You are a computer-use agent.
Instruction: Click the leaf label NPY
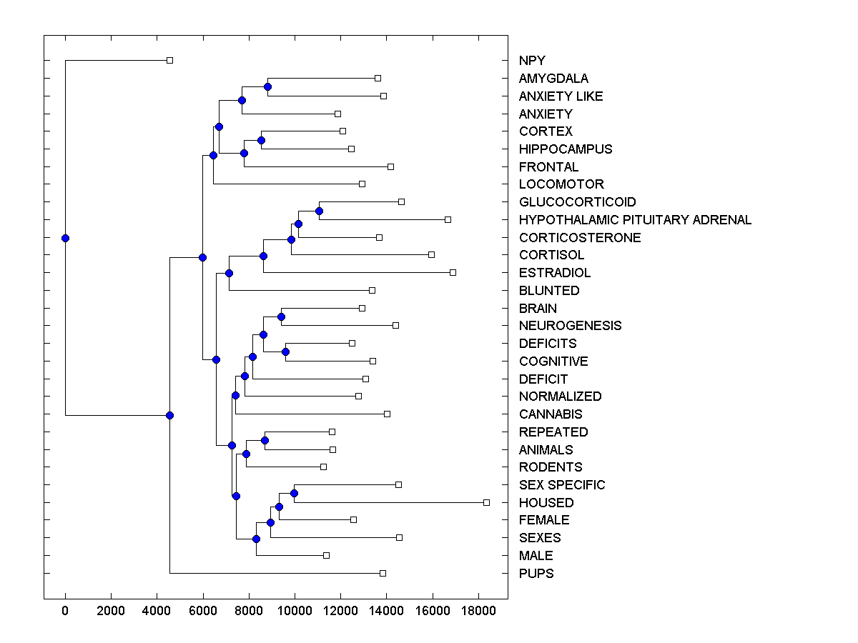click(x=532, y=61)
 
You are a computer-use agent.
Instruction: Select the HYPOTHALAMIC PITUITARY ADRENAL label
click(x=635, y=220)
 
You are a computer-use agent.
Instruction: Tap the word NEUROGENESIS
click(x=570, y=326)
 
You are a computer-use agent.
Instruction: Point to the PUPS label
click(x=536, y=574)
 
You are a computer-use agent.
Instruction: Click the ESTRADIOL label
click(x=555, y=273)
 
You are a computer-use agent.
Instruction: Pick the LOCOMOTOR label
click(x=561, y=184)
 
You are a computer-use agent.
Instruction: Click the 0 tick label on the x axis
click(x=65, y=611)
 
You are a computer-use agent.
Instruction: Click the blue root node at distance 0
click(x=65, y=238)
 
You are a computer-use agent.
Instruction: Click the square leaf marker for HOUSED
click(x=486, y=502)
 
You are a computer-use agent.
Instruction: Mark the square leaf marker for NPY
click(x=169, y=60)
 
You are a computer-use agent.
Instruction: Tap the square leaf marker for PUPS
click(x=383, y=573)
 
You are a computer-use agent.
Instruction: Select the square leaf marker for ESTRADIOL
click(x=453, y=272)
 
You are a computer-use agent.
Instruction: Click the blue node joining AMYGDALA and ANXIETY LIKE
click(x=267, y=86)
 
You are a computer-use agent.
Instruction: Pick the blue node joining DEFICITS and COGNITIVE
click(x=285, y=352)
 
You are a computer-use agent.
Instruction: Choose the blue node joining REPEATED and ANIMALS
click(x=265, y=440)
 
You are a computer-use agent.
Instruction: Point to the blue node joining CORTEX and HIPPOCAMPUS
click(x=261, y=140)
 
